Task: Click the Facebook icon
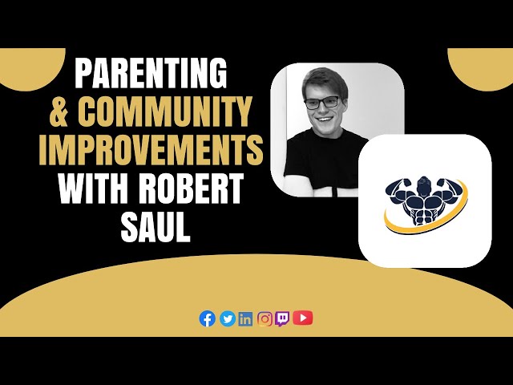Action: (208, 318)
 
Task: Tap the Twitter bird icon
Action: (228, 318)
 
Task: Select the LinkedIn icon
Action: (245, 318)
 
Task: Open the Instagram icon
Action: (265, 318)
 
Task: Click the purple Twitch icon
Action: (282, 318)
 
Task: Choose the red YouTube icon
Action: (302, 318)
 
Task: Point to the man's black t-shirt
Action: (317, 160)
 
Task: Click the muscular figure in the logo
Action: (426, 192)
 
